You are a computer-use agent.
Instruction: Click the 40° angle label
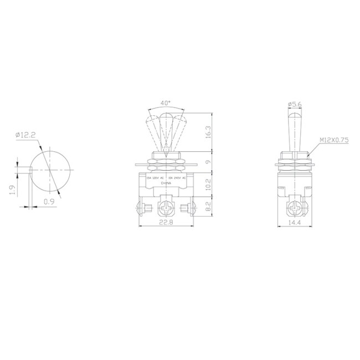(166, 104)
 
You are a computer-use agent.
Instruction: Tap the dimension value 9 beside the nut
(207, 162)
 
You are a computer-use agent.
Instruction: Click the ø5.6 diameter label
(295, 104)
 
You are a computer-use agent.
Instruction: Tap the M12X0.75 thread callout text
(334, 140)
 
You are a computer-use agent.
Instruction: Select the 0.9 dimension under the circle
(49, 202)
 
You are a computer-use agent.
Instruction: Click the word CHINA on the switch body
(166, 183)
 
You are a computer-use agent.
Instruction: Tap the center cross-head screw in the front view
(166, 209)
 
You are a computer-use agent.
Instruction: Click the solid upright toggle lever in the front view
(166, 133)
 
